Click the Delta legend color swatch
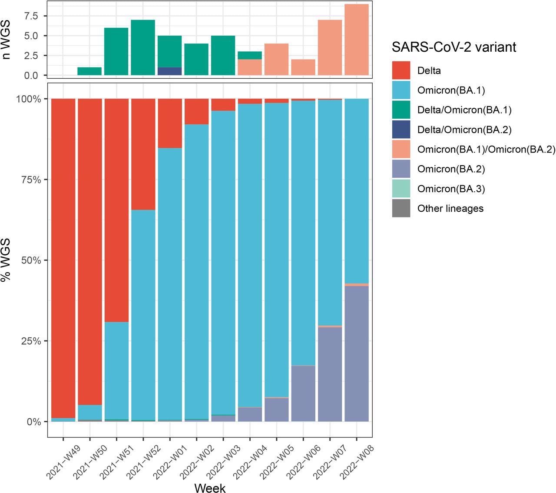(x=401, y=70)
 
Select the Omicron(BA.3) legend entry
(x=451, y=189)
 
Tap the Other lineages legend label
(x=450, y=208)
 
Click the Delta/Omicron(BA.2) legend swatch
(x=401, y=130)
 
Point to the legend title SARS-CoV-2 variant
(x=454, y=47)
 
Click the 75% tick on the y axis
(x=33, y=180)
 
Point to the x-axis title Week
(x=210, y=488)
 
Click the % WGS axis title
(x=6, y=260)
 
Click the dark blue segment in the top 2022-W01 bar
(x=169, y=71)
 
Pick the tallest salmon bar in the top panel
(x=357, y=40)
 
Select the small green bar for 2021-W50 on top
(x=89, y=71)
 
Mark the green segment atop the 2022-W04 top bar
(x=250, y=55)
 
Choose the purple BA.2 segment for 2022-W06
(x=303, y=393)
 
